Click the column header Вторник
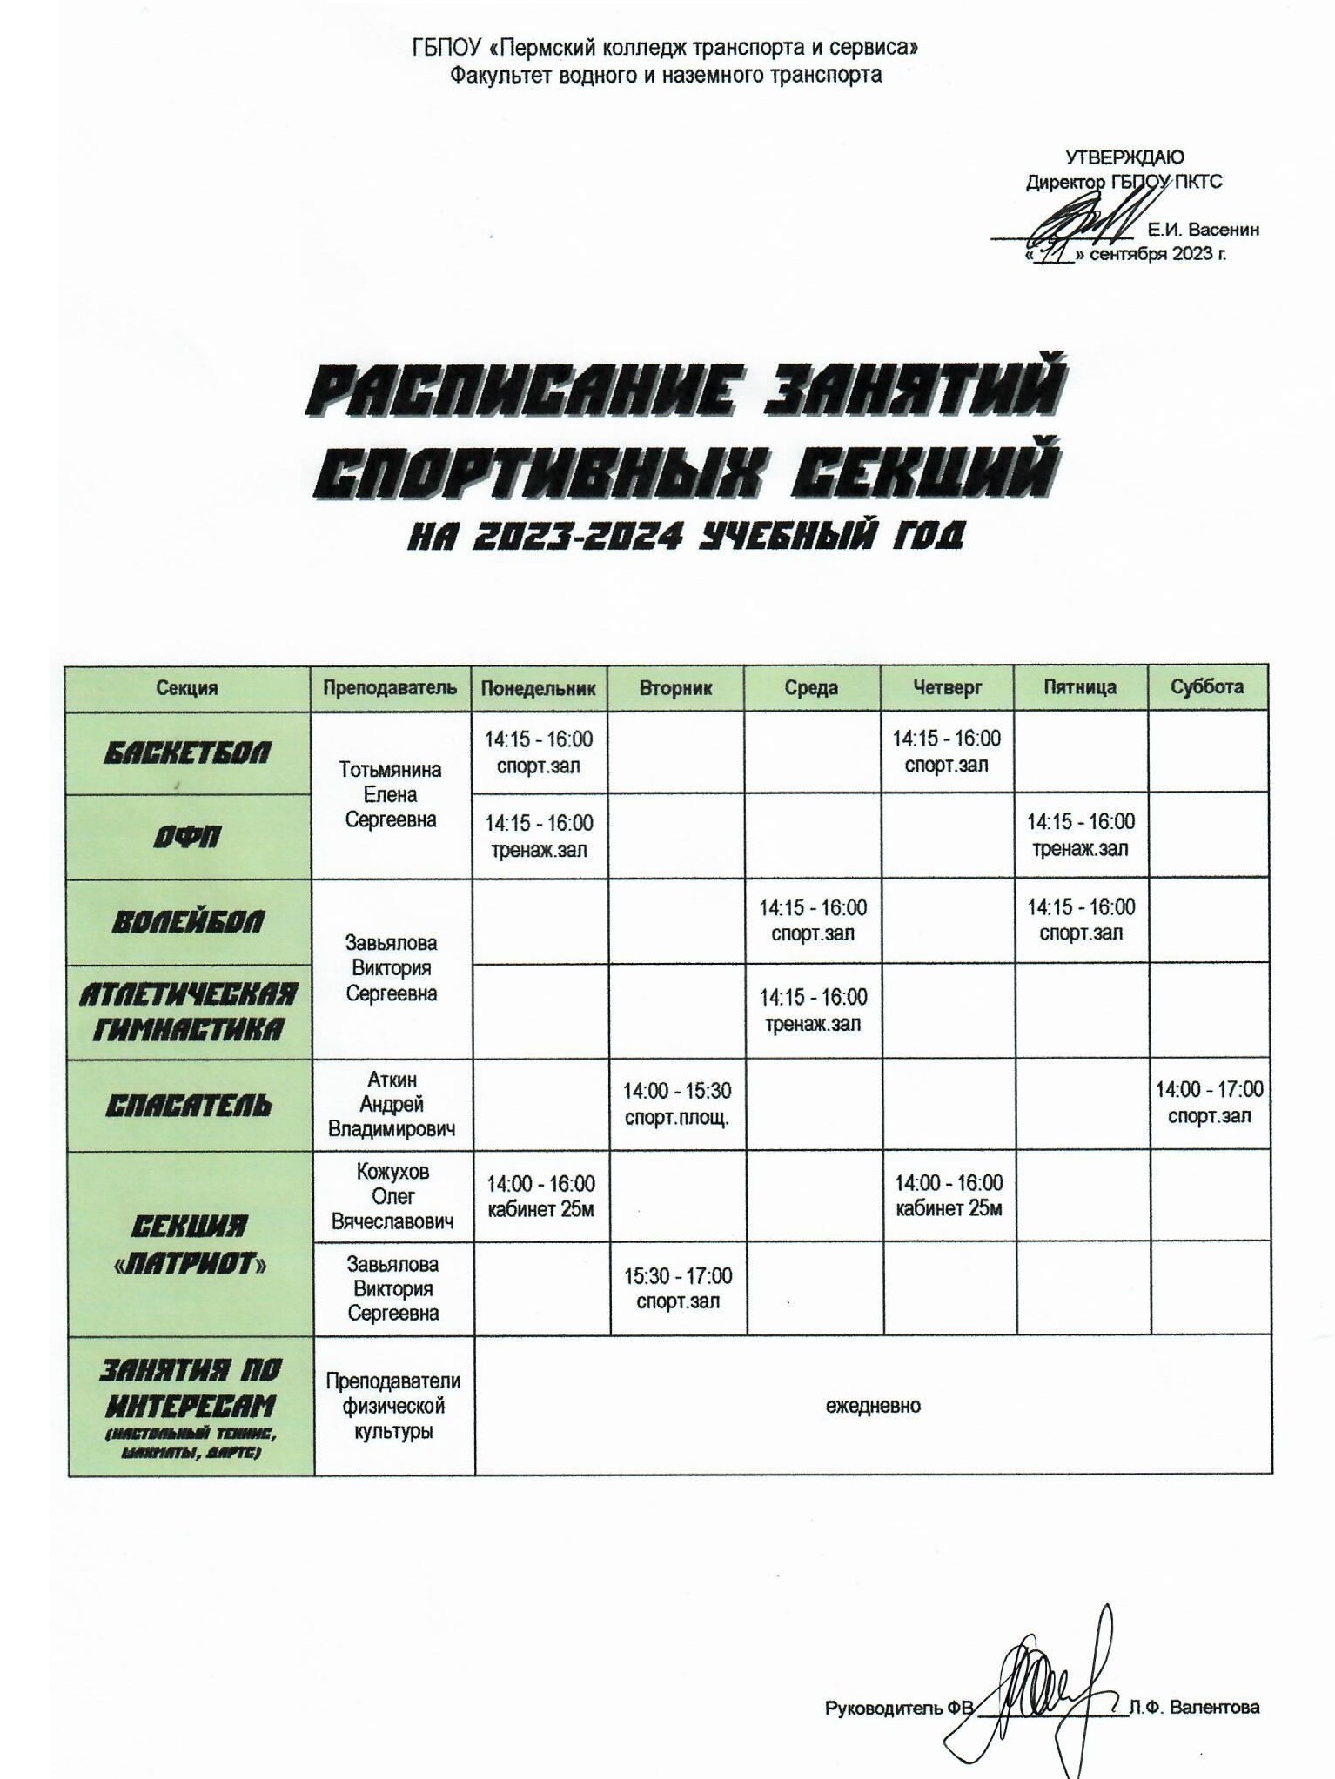pyautogui.click(x=675, y=688)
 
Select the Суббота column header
pyautogui.click(x=1206, y=687)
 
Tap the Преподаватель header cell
pyautogui.click(x=390, y=688)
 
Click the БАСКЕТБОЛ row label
pyautogui.click(x=187, y=752)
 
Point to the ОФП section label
pyautogui.click(x=187, y=837)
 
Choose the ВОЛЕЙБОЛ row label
pyautogui.click(x=187, y=922)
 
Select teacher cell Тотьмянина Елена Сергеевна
pyautogui.click(x=391, y=794)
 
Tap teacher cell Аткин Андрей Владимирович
pyautogui.click(x=392, y=1105)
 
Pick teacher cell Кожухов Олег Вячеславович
pyautogui.click(x=392, y=1196)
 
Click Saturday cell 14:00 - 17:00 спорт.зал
pyautogui.click(x=1209, y=1102)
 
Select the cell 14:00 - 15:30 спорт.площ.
pyautogui.click(x=677, y=1104)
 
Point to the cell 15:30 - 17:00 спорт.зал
pyautogui.click(x=678, y=1288)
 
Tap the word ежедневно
pyautogui.click(x=873, y=1405)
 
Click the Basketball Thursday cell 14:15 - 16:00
pyautogui.click(x=946, y=752)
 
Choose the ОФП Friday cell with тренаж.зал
pyautogui.click(x=1080, y=835)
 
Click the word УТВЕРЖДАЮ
pyautogui.click(x=1124, y=157)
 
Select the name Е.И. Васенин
pyautogui.click(x=1203, y=231)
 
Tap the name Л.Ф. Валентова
pyautogui.click(x=1194, y=1708)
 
